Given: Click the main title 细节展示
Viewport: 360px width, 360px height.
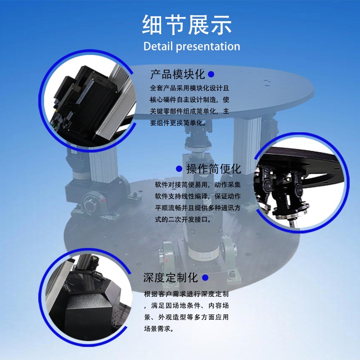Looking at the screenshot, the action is click(187, 25).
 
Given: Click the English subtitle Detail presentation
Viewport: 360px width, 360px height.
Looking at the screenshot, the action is click(192, 46).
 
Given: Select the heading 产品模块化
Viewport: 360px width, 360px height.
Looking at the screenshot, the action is click(177, 74).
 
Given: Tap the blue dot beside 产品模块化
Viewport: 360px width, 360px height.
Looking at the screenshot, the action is click(211, 74).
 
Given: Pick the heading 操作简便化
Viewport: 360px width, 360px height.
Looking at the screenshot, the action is click(214, 169).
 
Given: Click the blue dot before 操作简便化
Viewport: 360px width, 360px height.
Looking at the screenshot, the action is click(179, 169).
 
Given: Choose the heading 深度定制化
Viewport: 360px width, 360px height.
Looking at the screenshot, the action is click(171, 278).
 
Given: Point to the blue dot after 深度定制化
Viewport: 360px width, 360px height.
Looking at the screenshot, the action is click(205, 278).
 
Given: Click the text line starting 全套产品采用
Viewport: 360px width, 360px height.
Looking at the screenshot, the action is click(189, 88).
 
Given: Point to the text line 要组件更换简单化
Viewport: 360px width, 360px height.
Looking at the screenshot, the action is click(178, 123).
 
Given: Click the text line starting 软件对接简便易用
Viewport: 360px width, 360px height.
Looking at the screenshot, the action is click(198, 184).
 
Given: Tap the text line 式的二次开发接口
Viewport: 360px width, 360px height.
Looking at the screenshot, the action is click(183, 220).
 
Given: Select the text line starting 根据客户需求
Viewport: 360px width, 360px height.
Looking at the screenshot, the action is click(186, 294).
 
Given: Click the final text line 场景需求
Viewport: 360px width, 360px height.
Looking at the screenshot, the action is click(159, 329).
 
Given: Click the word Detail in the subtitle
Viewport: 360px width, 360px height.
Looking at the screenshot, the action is click(158, 46).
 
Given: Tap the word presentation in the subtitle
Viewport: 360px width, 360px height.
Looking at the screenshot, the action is click(208, 47).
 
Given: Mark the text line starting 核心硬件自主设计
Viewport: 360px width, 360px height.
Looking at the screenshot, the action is click(189, 99).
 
